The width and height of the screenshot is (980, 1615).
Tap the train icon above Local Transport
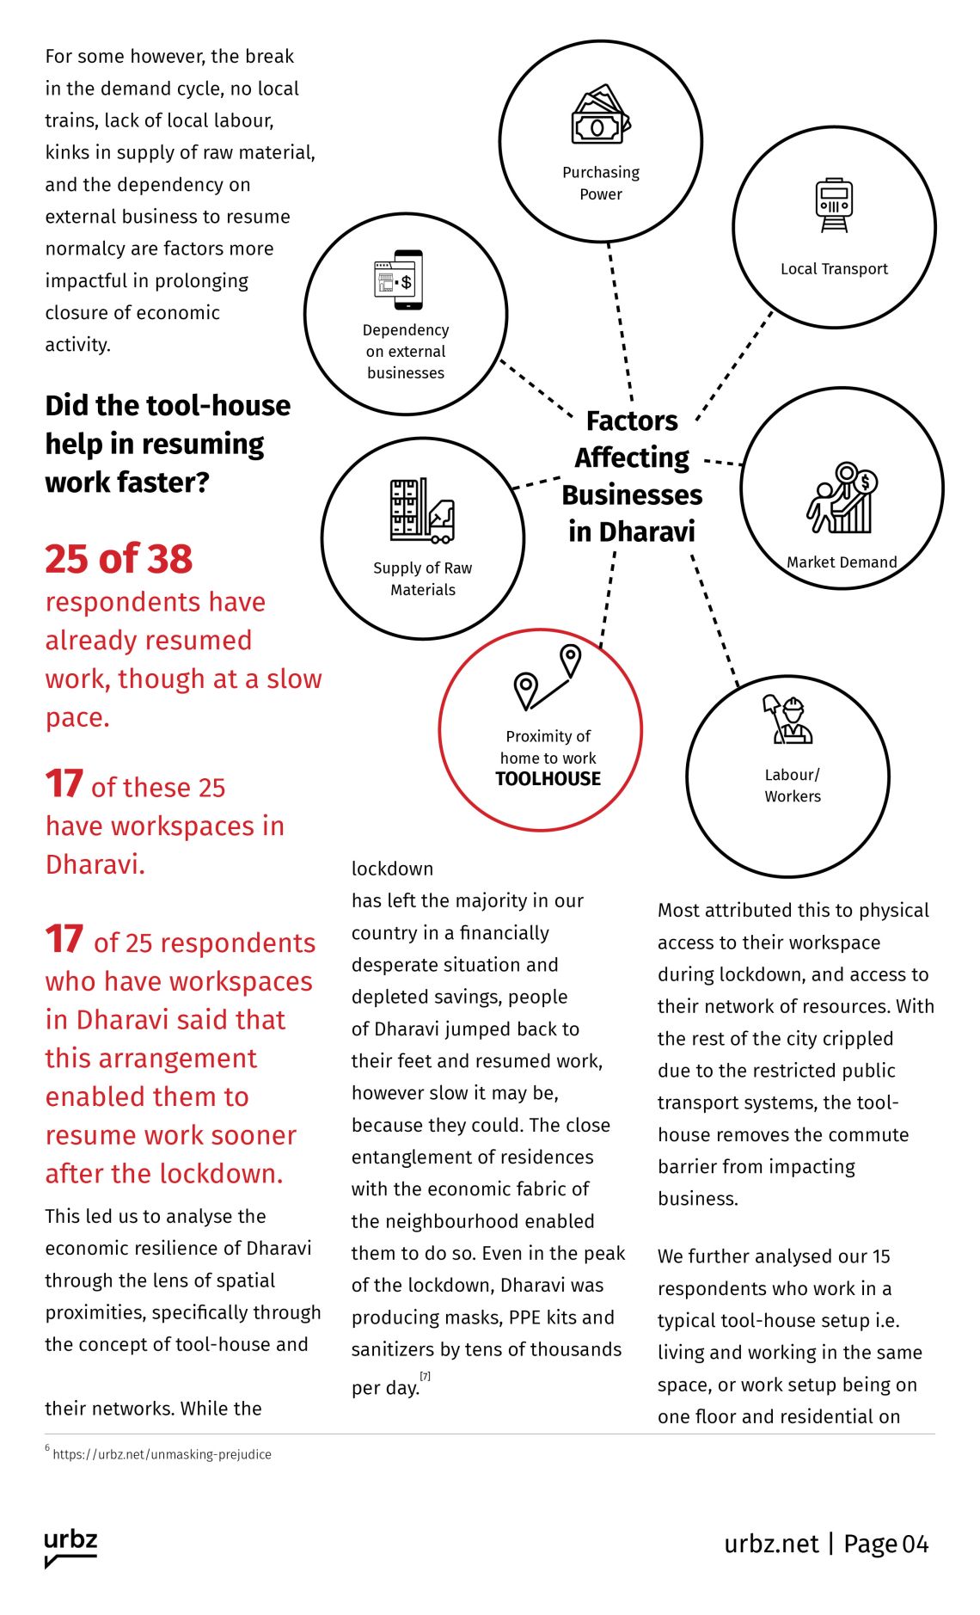coord(834,205)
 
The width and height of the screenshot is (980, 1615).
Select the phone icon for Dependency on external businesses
coord(399,279)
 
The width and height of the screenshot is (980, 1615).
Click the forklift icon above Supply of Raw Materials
coord(422,511)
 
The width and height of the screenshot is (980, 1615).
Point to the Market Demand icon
coord(842,499)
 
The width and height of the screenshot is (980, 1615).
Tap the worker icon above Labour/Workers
coord(787,719)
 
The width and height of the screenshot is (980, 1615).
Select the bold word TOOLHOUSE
coord(548,779)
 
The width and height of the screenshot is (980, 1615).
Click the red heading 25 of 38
coord(119,559)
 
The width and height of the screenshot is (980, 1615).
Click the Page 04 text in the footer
coord(885,1544)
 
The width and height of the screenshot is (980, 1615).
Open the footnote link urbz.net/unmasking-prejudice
coord(162,1454)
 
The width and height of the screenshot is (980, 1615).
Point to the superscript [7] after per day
coord(425,1376)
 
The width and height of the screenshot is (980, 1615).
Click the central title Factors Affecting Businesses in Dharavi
coord(632,476)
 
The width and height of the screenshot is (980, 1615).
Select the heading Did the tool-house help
coord(168,443)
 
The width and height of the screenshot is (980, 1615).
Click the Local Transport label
coord(834,269)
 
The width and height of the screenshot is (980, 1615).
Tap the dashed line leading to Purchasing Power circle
coord(620,322)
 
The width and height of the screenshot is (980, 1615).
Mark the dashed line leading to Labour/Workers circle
coord(714,619)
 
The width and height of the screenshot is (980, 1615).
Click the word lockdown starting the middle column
coord(392,869)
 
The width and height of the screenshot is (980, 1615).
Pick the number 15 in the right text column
coord(881,1256)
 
